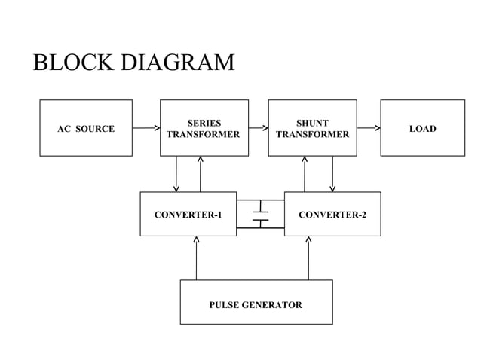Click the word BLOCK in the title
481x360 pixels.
click(72, 62)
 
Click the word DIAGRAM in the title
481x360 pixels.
click(176, 62)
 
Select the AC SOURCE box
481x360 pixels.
click(86, 128)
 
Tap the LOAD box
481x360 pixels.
click(422, 128)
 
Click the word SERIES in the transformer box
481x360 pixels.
click(204, 122)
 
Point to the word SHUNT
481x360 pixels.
click(312, 122)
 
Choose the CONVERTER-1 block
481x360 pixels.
click(188, 215)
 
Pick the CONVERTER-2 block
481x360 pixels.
click(332, 215)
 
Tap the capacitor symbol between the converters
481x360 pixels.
click(260, 214)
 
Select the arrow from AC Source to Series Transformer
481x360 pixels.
click(146, 128)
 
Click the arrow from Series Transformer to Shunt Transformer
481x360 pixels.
click(259, 128)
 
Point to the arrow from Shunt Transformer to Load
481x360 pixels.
click(369, 128)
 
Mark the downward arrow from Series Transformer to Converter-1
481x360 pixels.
click(176, 174)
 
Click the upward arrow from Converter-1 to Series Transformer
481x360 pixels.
click(201, 174)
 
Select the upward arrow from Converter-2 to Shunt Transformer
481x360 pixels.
click(305, 174)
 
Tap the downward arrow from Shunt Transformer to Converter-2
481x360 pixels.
click(332, 174)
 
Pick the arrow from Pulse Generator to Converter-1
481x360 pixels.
click(196, 258)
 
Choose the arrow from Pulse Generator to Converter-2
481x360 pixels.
click(309, 258)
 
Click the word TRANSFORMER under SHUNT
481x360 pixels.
click(312, 135)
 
